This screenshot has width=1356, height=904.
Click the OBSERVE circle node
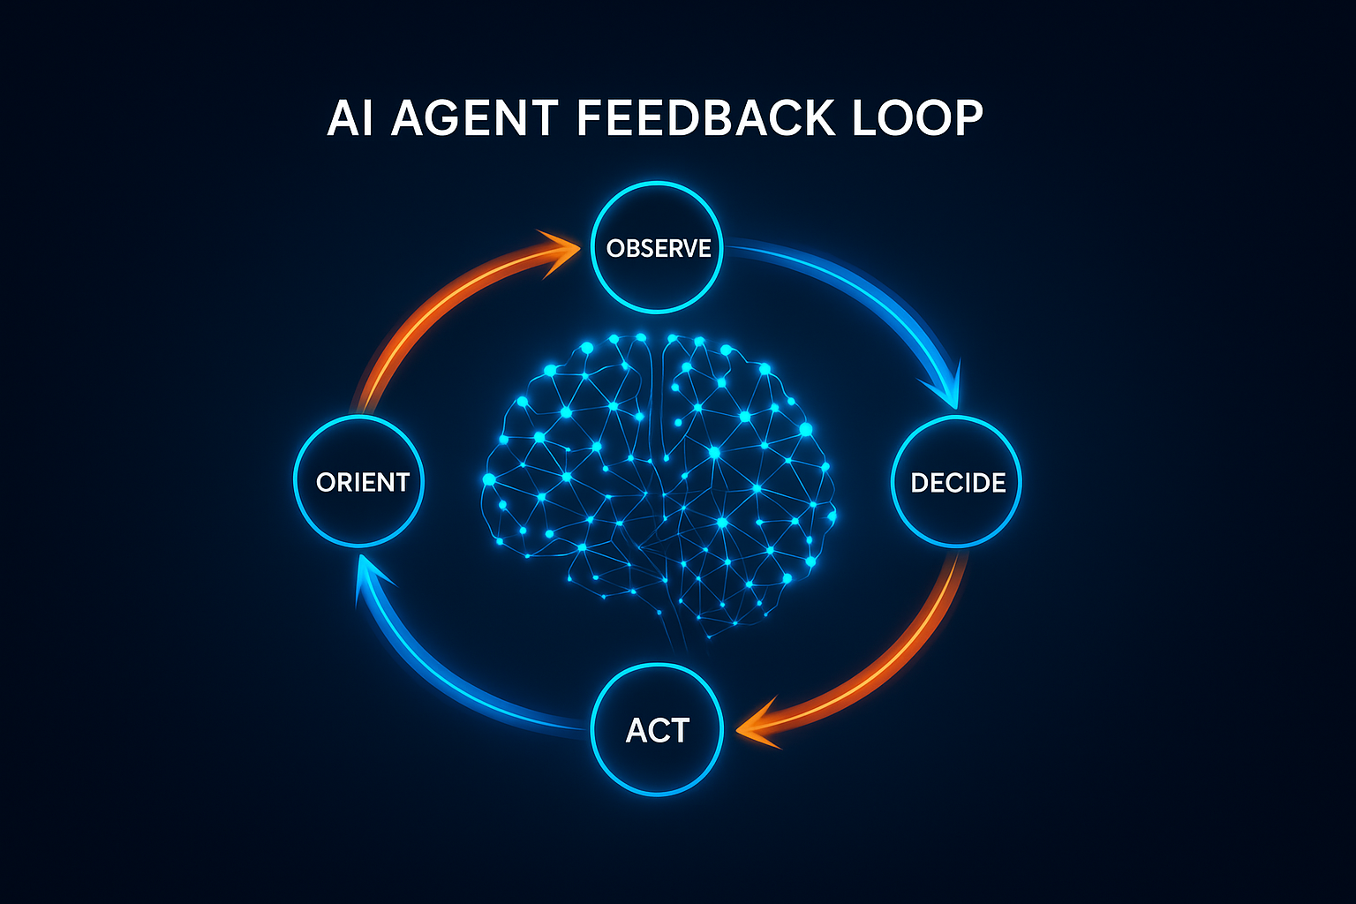pos(658,247)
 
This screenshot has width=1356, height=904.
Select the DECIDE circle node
pos(958,481)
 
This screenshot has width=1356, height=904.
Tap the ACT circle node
pos(658,730)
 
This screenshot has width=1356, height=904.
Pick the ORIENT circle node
pos(359,481)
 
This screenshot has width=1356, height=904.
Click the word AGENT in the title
pos(474,117)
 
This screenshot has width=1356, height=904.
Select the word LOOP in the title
pos(917,117)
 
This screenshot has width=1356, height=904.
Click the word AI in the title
pos(349,117)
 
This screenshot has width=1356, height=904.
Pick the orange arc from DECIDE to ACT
pos(892,653)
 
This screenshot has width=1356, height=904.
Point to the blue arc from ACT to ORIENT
pos(441,680)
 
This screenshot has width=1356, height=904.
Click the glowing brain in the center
pos(658,477)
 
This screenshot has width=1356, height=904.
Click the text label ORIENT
pos(362,482)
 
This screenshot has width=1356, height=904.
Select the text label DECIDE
pos(958,483)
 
